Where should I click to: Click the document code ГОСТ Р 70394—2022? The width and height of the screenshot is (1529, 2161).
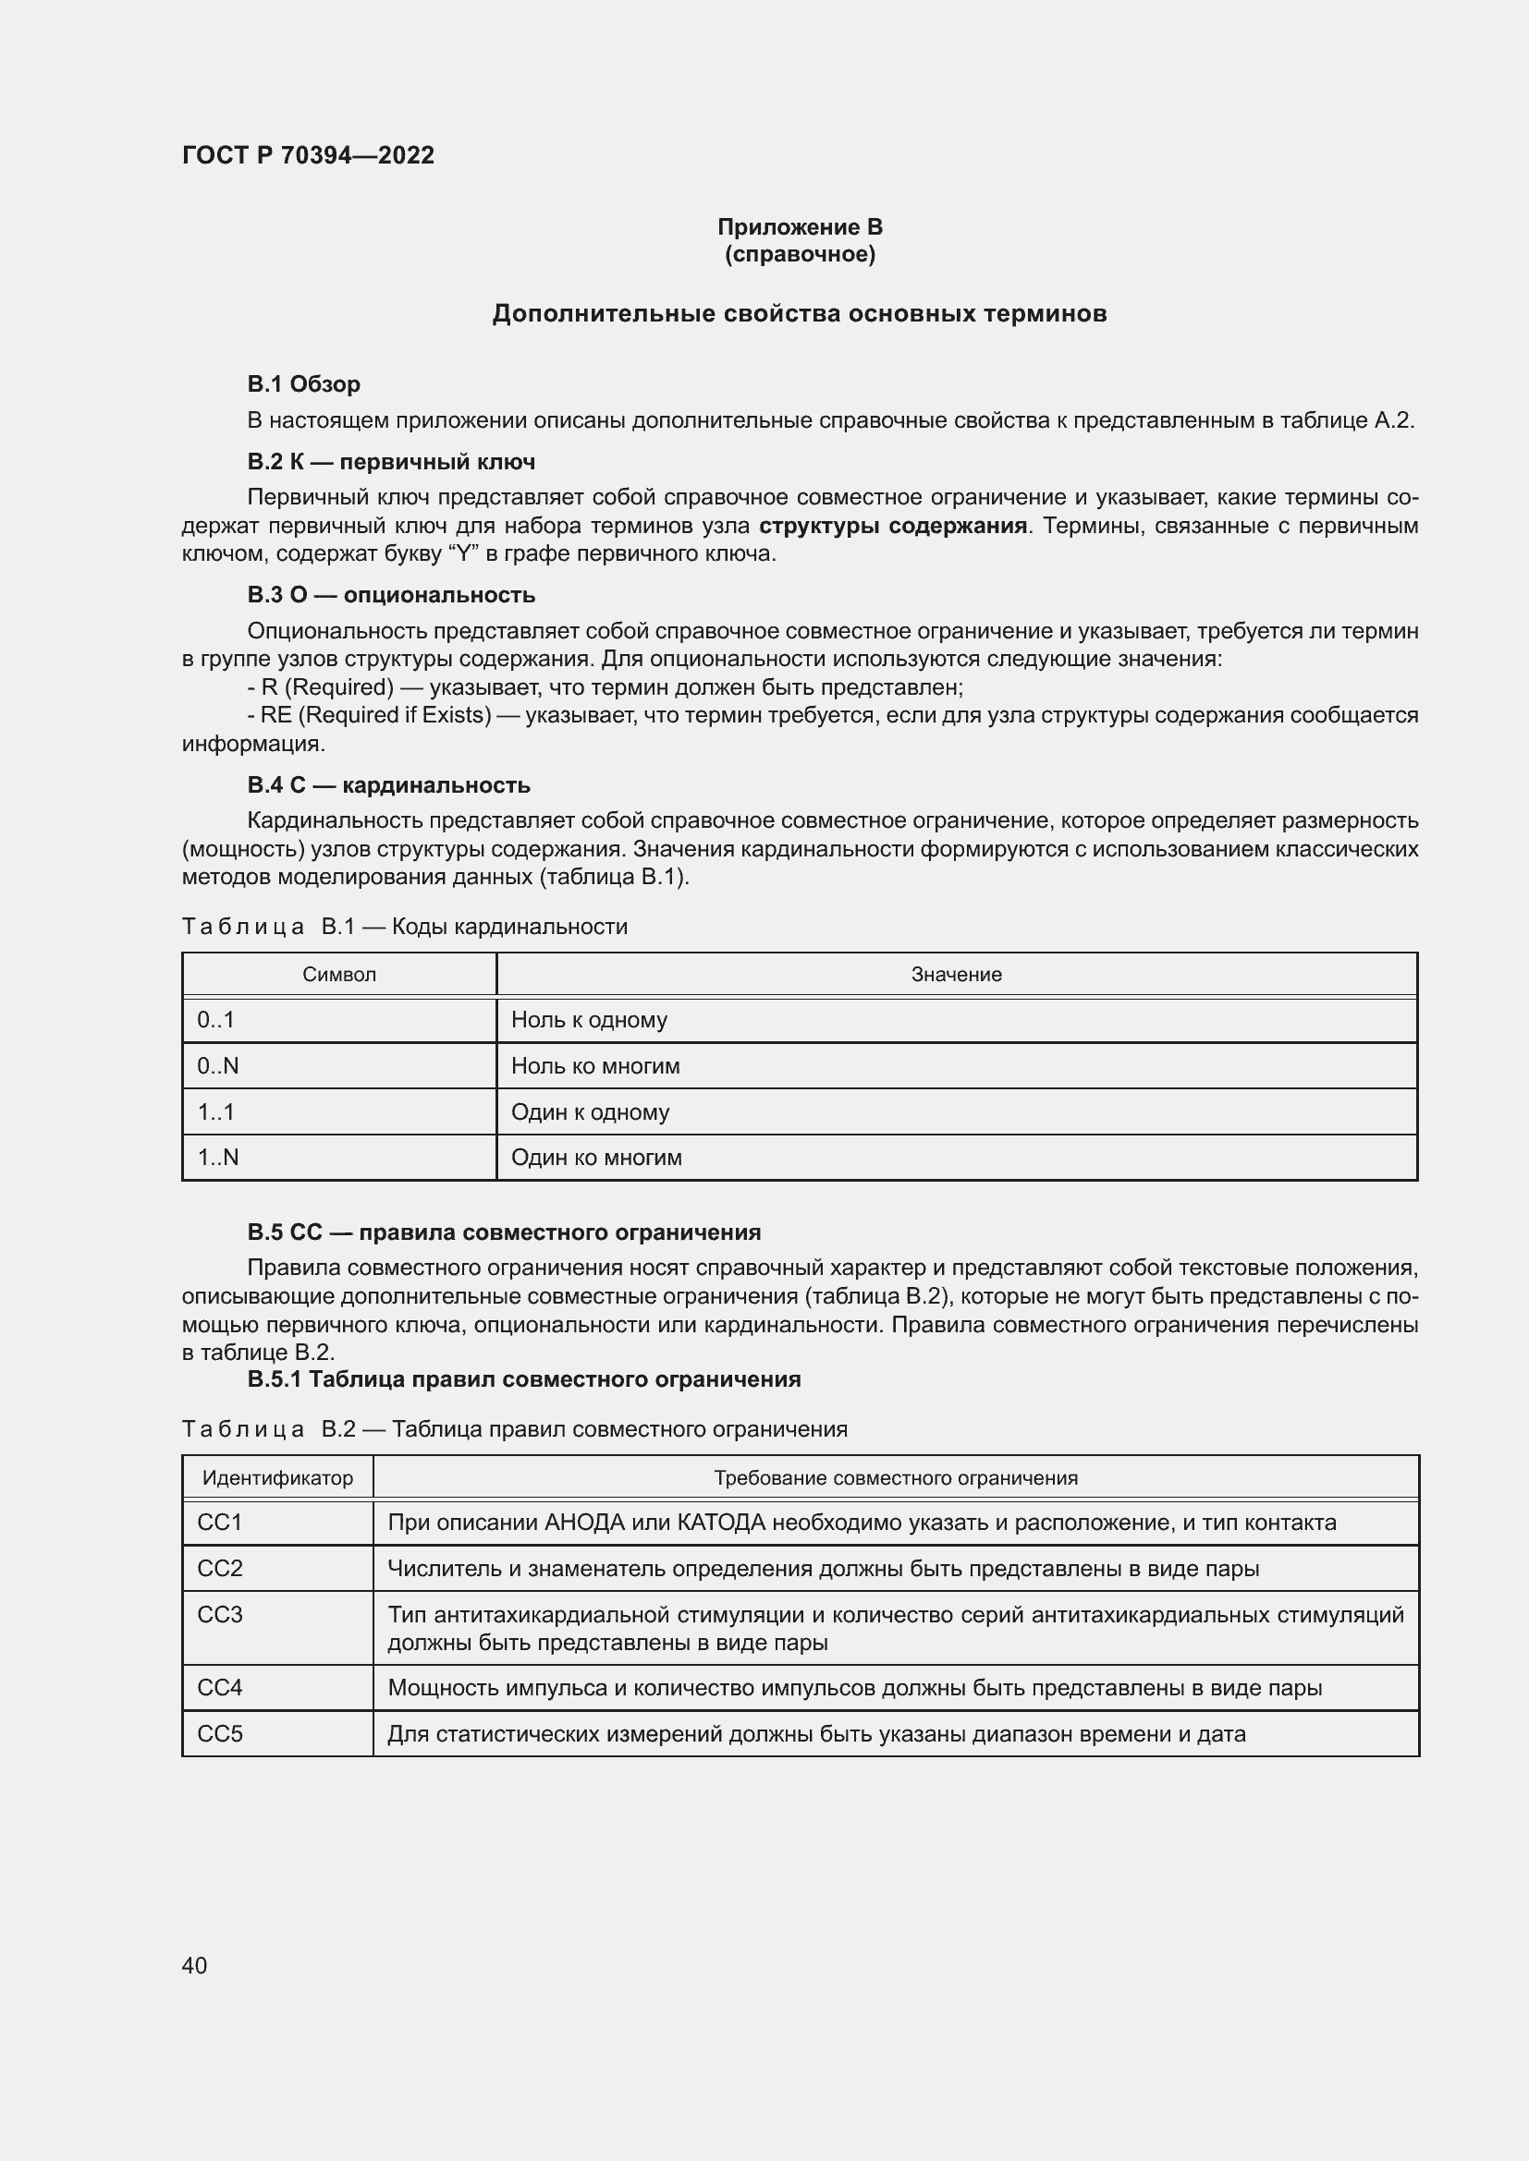pyautogui.click(x=308, y=155)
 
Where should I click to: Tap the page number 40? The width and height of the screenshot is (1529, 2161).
pyautogui.click(x=194, y=1965)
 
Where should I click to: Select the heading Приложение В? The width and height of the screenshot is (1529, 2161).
pyautogui.click(x=800, y=227)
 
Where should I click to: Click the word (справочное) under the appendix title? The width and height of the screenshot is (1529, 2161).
pyautogui.click(x=800, y=254)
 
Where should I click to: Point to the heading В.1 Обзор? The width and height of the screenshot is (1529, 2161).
pyautogui.click(x=303, y=384)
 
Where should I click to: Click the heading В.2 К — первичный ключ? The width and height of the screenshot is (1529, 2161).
pyautogui.click(x=391, y=462)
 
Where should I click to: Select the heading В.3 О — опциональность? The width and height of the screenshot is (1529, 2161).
pyautogui.click(x=391, y=595)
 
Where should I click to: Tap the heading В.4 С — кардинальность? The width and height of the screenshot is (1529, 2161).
pyautogui.click(x=388, y=785)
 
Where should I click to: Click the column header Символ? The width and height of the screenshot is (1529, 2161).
pyautogui.click(x=339, y=974)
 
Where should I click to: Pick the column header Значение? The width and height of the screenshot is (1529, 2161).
pyautogui.click(x=956, y=974)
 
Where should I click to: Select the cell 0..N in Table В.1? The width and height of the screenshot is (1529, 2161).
pyautogui.click(x=217, y=1065)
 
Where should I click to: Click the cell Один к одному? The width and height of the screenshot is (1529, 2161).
pyautogui.click(x=590, y=1111)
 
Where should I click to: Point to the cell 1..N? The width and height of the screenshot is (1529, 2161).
pyautogui.click(x=217, y=1157)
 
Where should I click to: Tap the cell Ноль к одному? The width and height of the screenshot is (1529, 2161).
pyautogui.click(x=589, y=1019)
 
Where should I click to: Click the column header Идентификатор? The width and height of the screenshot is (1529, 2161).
pyautogui.click(x=277, y=1477)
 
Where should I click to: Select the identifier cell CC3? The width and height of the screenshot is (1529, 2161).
pyautogui.click(x=219, y=1614)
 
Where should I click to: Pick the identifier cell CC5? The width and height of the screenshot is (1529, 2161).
pyautogui.click(x=219, y=1732)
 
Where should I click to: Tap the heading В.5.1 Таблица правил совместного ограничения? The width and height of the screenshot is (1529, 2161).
pyautogui.click(x=523, y=1378)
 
